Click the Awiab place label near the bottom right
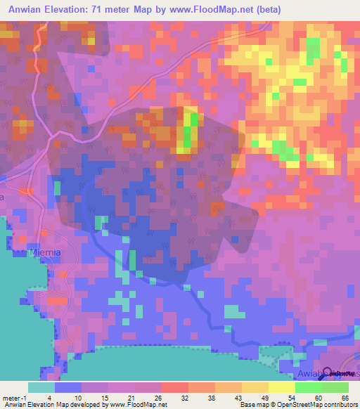[311, 375]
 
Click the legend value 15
[109, 397]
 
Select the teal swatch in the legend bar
[41, 387]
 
